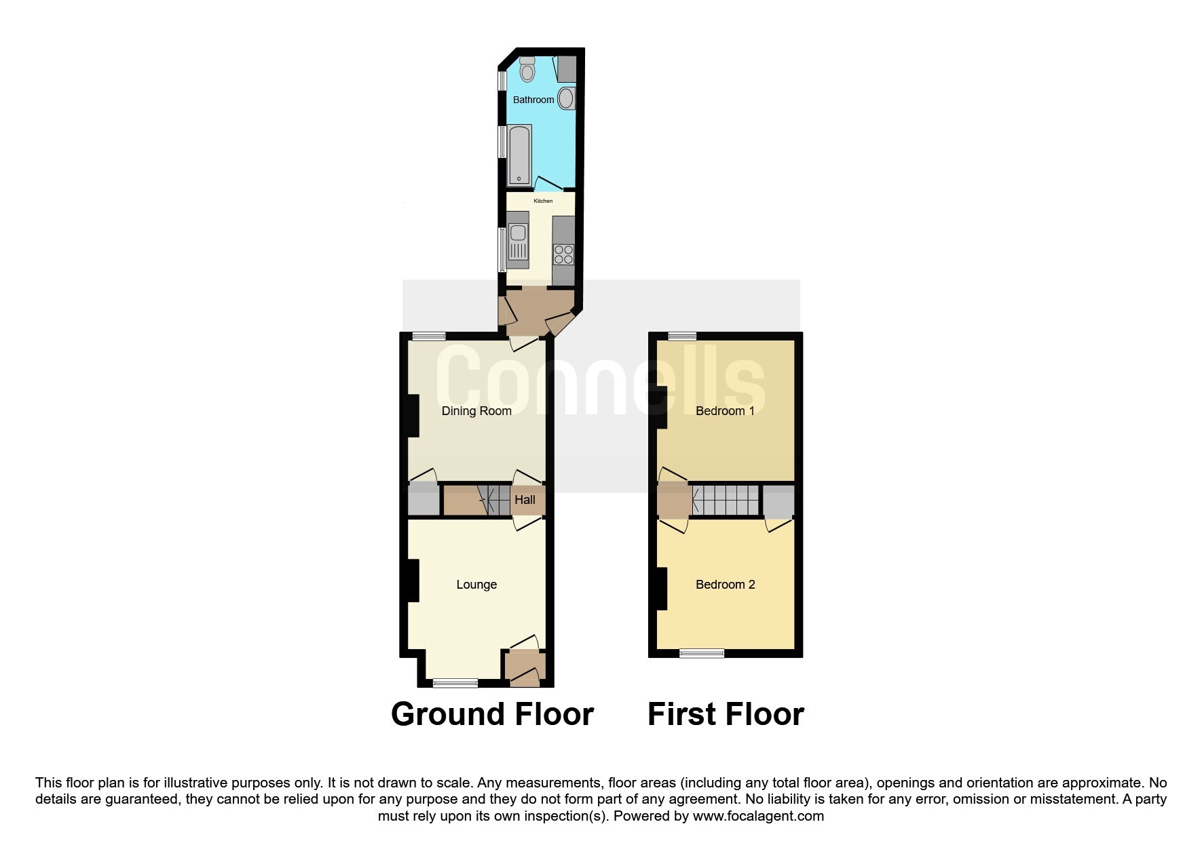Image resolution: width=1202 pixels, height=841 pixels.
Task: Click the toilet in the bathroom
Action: tap(527, 69)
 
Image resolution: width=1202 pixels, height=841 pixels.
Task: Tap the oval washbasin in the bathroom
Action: tap(567, 99)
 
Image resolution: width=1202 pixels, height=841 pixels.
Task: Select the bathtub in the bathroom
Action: tap(519, 155)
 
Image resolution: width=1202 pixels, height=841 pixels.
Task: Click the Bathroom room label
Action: tap(533, 100)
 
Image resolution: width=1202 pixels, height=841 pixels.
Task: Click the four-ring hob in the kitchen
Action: tap(563, 254)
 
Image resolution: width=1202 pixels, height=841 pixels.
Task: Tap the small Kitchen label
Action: tap(543, 201)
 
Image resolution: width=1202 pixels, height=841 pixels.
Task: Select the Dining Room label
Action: tap(476, 411)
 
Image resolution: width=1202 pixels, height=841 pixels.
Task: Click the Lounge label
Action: tap(476, 585)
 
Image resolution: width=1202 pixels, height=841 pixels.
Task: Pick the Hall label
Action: tap(525, 500)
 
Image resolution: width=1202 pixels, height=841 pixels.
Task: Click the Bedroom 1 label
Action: tap(725, 411)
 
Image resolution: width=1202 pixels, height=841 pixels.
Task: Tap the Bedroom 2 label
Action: tap(725, 585)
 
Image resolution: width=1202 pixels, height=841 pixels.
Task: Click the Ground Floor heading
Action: tap(492, 714)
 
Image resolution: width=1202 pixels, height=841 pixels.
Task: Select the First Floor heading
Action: tap(726, 714)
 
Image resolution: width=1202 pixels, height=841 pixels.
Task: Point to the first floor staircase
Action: tap(725, 500)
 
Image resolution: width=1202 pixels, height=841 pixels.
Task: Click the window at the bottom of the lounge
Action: tap(455, 683)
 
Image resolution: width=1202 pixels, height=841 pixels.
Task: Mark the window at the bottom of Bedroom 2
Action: tap(702, 654)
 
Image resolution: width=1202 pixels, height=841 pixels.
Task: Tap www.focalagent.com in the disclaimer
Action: tap(758, 816)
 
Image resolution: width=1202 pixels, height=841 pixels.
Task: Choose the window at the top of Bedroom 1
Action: tap(682, 336)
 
